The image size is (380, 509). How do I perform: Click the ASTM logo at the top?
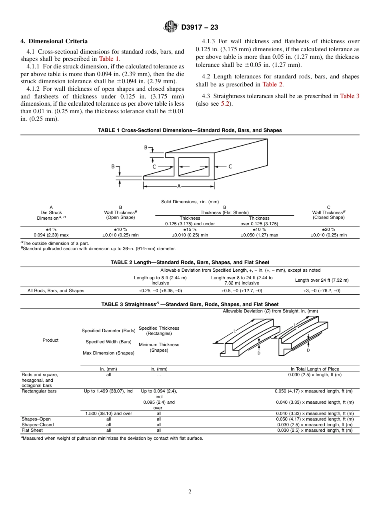171,27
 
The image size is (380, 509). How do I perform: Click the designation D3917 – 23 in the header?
200,27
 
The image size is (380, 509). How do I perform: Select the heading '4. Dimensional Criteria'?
54,41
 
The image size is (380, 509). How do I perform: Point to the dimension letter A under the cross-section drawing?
179,186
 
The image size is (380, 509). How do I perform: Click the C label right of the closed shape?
230,166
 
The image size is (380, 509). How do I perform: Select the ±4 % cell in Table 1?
51,230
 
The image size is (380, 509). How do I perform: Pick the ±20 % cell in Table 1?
328,230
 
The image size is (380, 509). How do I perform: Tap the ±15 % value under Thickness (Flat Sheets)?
190,230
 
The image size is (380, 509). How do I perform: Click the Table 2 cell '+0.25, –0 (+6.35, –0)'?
160,291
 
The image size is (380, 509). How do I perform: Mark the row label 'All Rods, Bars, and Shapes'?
56,291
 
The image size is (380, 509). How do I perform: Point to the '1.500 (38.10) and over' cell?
108,413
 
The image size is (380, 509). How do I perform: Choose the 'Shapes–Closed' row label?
38,425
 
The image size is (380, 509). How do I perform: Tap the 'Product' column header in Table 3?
50,340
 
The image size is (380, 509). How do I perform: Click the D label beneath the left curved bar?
259,353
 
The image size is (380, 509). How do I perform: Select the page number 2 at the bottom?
190,492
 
